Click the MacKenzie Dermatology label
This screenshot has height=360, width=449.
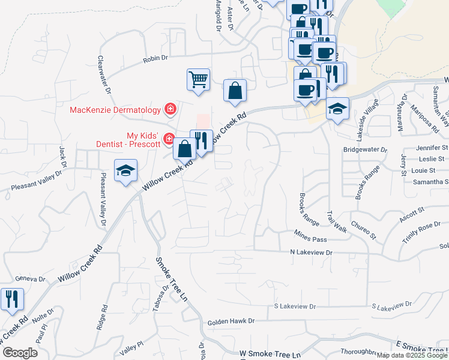tap(115, 110)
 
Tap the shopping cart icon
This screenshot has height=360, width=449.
tap(198, 79)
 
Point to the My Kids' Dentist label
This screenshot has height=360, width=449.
tap(128, 140)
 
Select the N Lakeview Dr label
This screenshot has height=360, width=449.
tap(311, 253)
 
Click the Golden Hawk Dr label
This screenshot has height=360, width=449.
tap(231, 322)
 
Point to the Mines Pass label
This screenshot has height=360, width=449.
tap(310, 239)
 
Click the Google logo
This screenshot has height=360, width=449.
tap(20, 353)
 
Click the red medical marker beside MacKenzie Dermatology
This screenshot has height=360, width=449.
tap(170, 109)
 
